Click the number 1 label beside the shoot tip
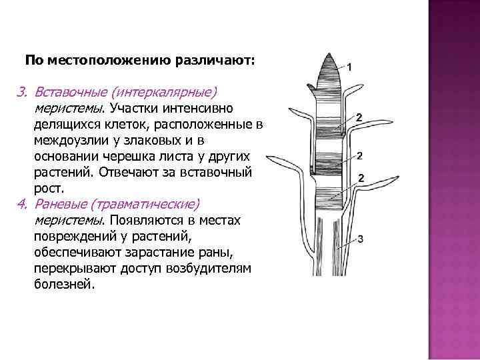351,67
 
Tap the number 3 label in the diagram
360,238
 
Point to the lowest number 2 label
361,178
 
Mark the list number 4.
20,203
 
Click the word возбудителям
208,268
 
